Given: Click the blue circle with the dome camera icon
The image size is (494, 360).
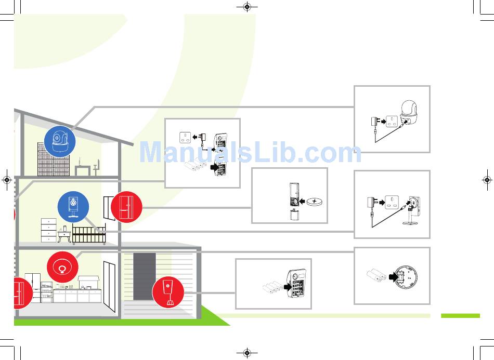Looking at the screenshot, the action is (x=60, y=141).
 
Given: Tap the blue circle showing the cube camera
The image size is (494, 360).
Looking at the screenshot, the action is (x=73, y=207).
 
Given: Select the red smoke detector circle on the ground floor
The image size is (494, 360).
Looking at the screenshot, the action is (x=62, y=267).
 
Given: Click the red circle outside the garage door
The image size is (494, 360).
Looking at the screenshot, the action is (x=168, y=291).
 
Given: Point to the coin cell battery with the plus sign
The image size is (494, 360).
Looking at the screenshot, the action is (x=315, y=202).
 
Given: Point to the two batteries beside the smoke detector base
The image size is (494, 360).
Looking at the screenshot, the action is (x=377, y=276).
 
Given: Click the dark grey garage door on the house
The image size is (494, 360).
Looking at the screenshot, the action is (x=144, y=276).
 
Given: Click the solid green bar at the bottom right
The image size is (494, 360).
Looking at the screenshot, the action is (x=460, y=315).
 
